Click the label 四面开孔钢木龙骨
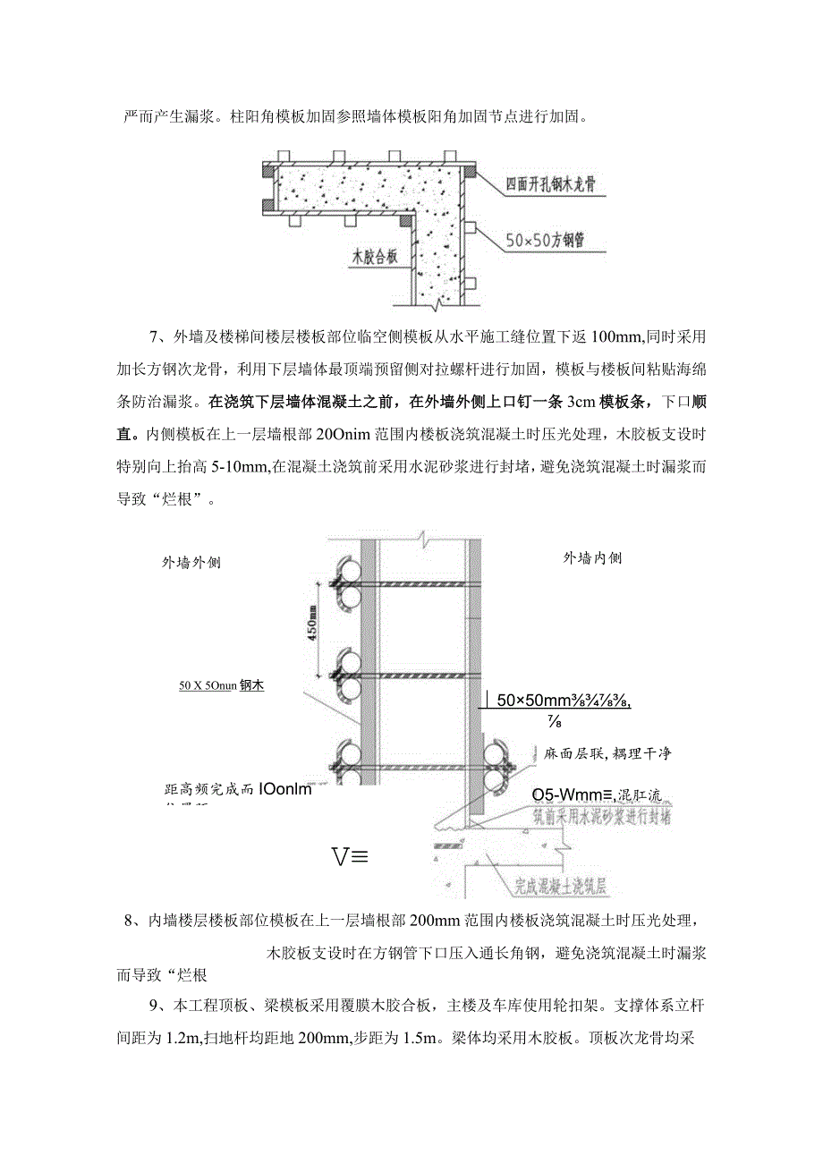coord(551,184)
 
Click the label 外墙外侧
coord(191,563)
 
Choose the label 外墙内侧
coord(592,558)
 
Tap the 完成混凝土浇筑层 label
coord(560,888)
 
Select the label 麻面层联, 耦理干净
coord(607,753)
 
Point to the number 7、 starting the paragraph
coord(158,336)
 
